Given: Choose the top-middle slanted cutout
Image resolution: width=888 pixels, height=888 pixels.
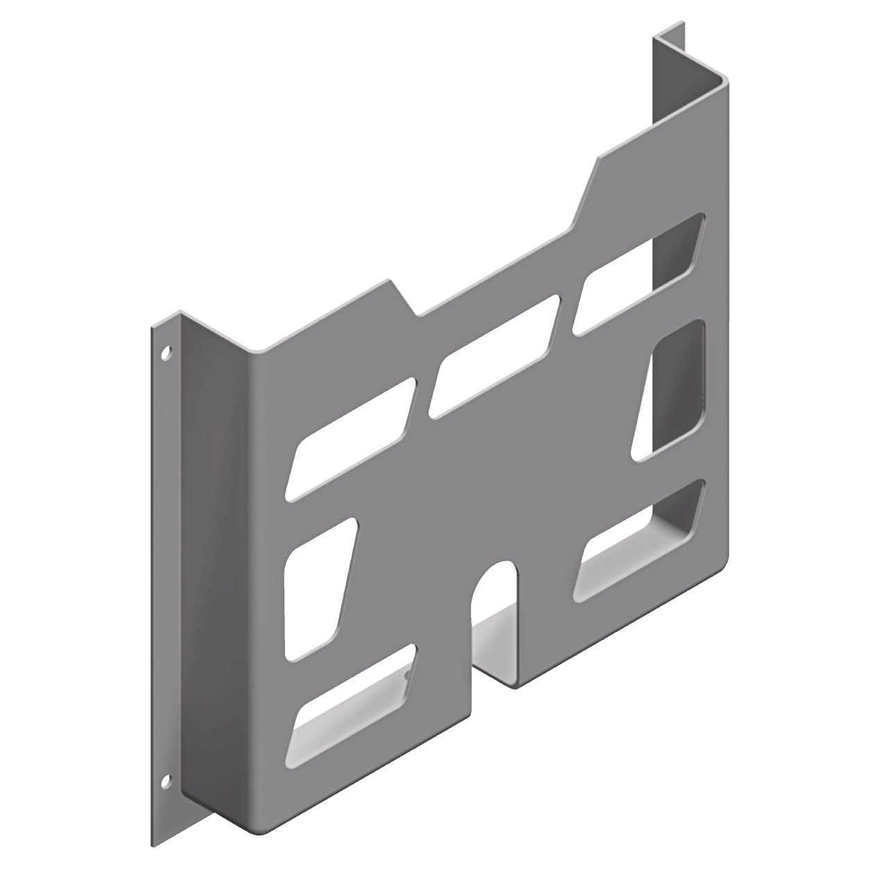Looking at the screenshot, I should point(494,357).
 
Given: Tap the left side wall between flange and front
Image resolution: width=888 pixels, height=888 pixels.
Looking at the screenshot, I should point(215,555).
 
